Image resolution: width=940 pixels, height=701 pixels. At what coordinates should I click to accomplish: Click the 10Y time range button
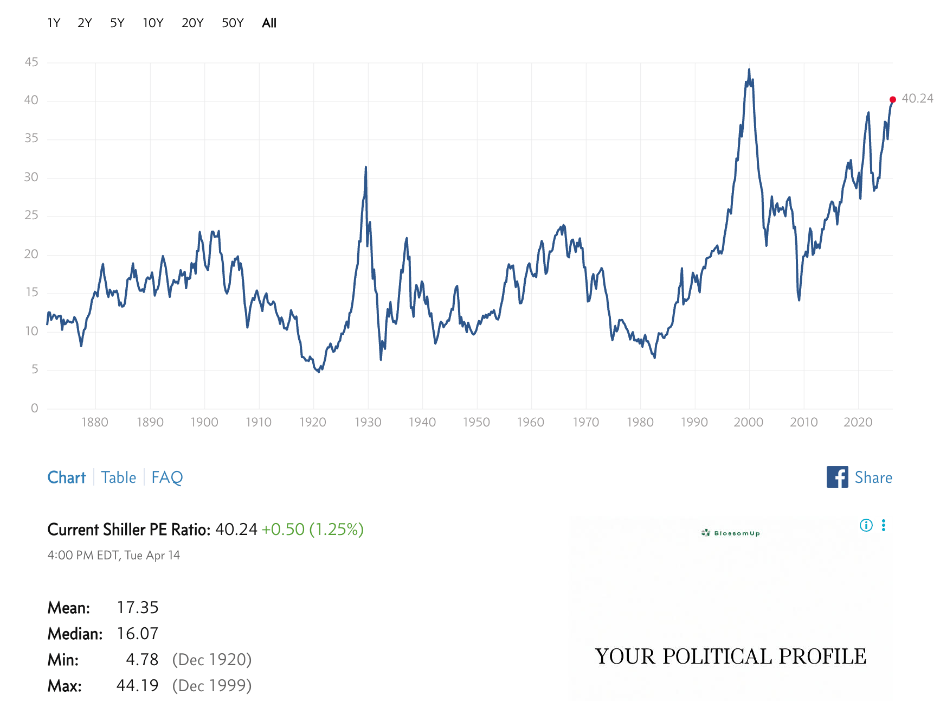tap(153, 23)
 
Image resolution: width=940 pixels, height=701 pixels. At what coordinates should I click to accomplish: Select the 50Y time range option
tap(233, 23)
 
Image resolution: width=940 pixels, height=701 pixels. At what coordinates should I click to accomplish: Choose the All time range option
tap(269, 23)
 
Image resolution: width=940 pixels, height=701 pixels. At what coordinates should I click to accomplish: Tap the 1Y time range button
tap(54, 23)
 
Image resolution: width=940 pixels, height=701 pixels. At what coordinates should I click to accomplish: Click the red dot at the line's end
tap(893, 99)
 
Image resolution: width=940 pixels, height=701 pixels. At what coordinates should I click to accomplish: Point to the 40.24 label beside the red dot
tap(917, 98)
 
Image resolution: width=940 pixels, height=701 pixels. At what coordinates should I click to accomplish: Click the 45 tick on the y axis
tap(31, 62)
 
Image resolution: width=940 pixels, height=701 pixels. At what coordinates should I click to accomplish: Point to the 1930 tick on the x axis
tap(368, 422)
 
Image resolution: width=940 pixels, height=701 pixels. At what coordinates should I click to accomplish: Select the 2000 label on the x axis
tap(749, 422)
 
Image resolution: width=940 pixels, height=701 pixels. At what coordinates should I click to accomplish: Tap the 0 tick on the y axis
tap(35, 408)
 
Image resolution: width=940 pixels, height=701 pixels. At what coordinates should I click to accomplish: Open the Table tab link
tap(119, 477)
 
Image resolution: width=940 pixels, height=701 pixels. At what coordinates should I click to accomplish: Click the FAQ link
tap(167, 477)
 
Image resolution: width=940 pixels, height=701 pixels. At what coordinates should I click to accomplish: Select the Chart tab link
tap(67, 477)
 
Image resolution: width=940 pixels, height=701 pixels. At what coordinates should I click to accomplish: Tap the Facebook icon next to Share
tap(837, 477)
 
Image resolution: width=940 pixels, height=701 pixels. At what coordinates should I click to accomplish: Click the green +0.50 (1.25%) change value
tap(312, 529)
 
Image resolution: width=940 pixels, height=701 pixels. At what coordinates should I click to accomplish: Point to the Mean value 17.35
tap(138, 608)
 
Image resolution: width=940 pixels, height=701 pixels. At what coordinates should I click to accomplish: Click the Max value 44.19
tap(138, 686)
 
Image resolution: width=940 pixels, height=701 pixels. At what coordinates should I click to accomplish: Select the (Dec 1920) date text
tap(212, 660)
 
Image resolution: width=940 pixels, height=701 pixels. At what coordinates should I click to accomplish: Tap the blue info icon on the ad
tap(866, 525)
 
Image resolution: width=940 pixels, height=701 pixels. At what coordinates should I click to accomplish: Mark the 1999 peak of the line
tap(749, 69)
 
